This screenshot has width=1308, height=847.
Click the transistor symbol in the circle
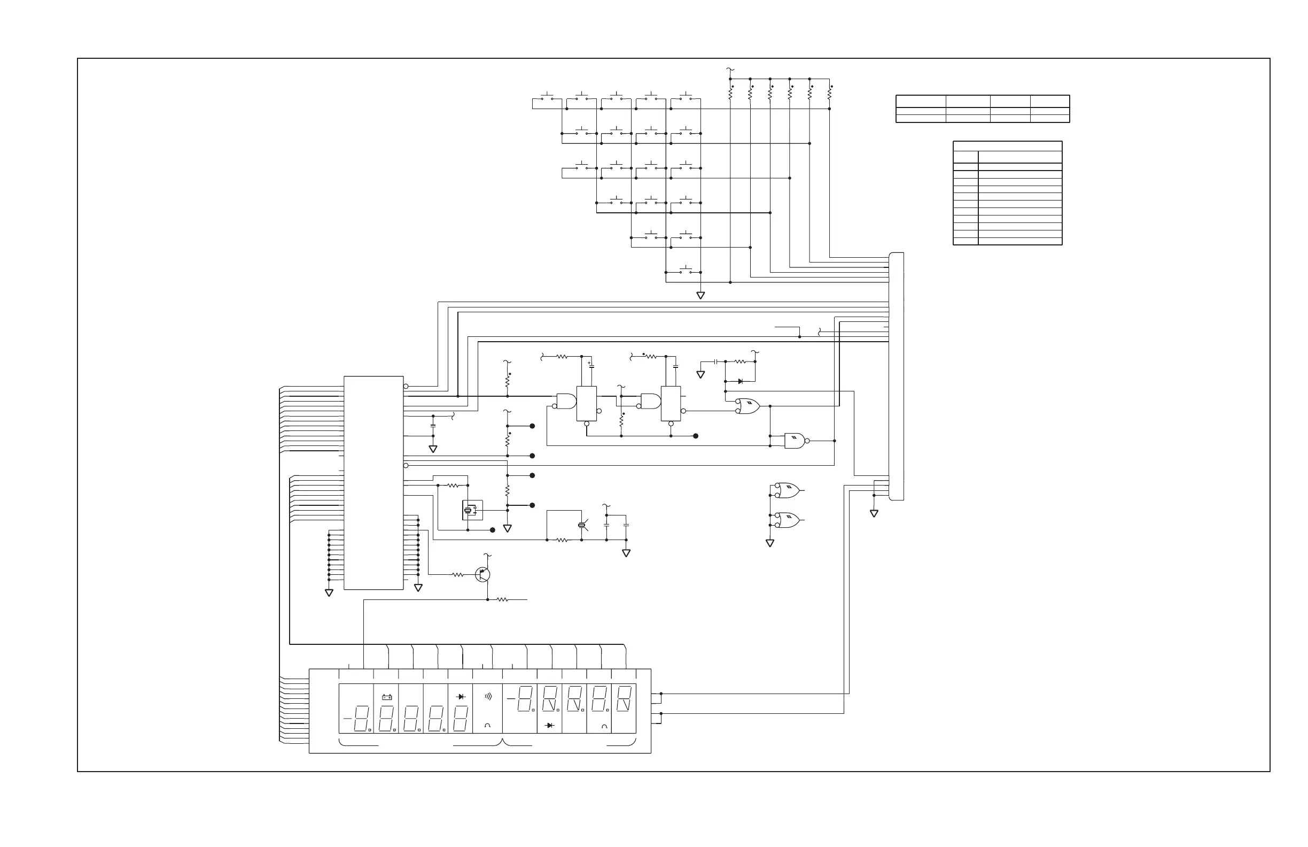482,575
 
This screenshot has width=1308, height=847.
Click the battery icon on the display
387,697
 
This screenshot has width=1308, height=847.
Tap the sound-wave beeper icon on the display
487,696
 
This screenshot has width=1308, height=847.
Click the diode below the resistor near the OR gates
740,381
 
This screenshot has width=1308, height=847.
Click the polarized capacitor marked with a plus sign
591,365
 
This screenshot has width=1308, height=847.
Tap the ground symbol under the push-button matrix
700,295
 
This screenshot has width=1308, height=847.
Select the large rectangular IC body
373,482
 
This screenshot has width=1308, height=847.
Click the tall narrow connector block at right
897,376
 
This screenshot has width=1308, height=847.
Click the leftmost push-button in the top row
547,97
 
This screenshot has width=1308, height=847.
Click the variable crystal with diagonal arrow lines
583,526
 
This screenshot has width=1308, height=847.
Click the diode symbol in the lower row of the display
550,726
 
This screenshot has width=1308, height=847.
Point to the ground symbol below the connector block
874,513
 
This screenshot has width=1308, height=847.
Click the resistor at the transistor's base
458,575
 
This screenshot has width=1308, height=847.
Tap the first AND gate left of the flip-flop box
566,401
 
